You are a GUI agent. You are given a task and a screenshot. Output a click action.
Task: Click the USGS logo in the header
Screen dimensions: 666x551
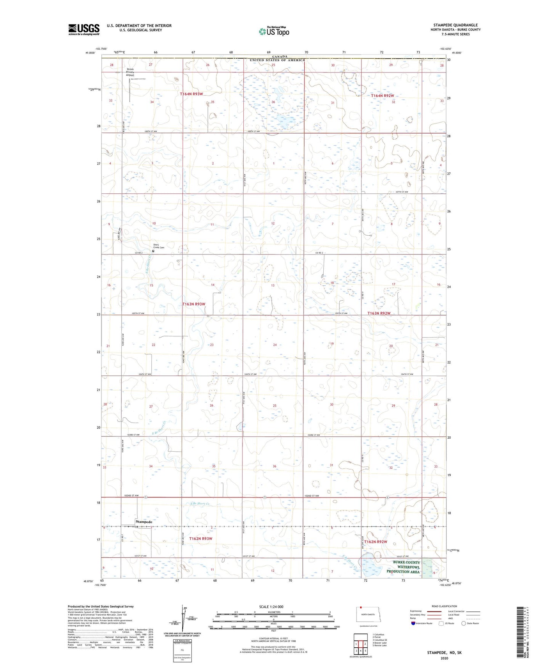pyautogui.click(x=84, y=29)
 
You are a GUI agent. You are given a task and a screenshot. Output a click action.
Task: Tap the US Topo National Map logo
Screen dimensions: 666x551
pyautogui.click(x=273, y=31)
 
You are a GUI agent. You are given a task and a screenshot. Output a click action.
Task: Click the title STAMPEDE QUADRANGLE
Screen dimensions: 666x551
pyautogui.click(x=455, y=25)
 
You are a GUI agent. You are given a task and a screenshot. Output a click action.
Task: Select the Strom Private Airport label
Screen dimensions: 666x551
pyautogui.click(x=130, y=72)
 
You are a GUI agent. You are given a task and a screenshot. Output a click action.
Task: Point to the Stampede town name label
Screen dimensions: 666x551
pyautogui.click(x=144, y=522)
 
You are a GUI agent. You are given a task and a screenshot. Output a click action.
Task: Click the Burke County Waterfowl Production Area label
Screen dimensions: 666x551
pyautogui.click(x=403, y=567)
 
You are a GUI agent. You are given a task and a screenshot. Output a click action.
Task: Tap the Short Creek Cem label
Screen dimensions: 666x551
pyautogui.click(x=159, y=246)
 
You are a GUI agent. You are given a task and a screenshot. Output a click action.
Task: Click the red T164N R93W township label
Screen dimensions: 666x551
pyautogui.click(x=191, y=94)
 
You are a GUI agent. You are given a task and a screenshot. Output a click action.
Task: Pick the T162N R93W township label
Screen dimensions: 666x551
pyautogui.click(x=201, y=539)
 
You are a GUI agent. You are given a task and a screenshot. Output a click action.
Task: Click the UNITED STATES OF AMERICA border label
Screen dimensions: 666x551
pyautogui.click(x=277, y=60)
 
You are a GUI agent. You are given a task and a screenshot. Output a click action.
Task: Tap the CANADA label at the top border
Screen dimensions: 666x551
pyautogui.click(x=280, y=56)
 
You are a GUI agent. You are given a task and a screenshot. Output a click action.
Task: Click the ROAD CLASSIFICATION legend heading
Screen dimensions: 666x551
pyautogui.click(x=444, y=606)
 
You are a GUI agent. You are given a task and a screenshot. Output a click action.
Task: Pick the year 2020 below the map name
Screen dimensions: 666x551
pyautogui.click(x=444, y=658)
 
